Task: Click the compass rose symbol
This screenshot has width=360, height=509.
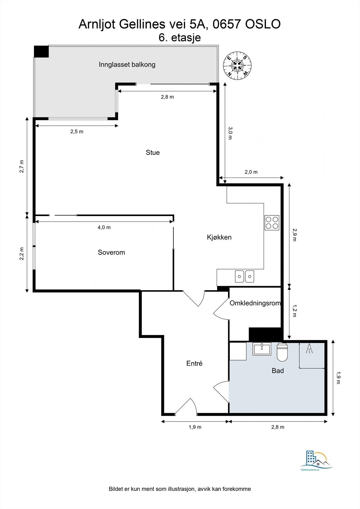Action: (x=237, y=66)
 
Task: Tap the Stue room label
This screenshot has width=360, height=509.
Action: (x=153, y=152)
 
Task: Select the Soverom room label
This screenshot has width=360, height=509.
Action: (x=111, y=252)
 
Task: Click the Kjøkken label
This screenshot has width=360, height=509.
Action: (x=219, y=237)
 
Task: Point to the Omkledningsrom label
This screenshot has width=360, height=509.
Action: (x=255, y=303)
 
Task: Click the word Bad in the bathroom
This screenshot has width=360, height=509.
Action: (x=278, y=371)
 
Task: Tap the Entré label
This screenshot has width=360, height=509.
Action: (x=194, y=363)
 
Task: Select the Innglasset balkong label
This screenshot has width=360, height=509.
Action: (x=127, y=65)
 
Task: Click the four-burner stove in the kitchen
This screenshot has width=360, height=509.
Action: (x=272, y=222)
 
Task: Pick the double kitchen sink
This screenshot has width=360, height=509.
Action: (x=245, y=276)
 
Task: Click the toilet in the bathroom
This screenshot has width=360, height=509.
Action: (x=282, y=352)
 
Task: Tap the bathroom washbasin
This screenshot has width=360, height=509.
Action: (x=262, y=349)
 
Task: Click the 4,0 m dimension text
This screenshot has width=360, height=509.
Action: (x=104, y=227)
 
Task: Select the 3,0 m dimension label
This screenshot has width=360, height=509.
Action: (x=230, y=133)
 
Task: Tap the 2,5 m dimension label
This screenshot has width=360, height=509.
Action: (x=77, y=131)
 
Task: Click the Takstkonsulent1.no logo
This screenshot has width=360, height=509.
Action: (x=316, y=460)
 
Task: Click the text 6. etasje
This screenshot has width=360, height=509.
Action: (x=180, y=38)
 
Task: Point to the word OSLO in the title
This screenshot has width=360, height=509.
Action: (x=263, y=24)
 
